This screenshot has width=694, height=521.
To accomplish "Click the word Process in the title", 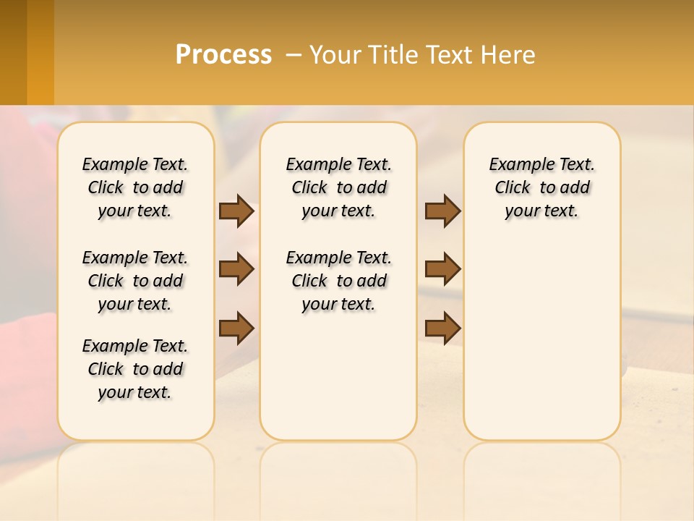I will click(223, 54).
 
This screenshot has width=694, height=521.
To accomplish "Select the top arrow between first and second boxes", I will click(236, 211).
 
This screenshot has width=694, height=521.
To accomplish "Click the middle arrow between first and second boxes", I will click(236, 269).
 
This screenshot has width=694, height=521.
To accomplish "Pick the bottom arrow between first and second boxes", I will click(236, 328).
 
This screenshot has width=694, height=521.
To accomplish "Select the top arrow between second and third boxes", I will click(442, 211).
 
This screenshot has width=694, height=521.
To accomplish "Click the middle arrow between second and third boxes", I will click(442, 269).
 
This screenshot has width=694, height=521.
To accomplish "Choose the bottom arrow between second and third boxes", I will click(442, 328).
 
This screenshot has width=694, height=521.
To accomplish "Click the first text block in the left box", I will click(135, 187).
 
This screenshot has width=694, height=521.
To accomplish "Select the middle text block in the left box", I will click(135, 281).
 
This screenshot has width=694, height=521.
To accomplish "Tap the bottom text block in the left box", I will click(135, 369).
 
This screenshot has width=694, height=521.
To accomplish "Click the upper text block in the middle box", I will click(338, 187).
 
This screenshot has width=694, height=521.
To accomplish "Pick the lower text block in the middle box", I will click(338, 281).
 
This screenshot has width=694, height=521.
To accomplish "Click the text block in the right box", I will click(542, 187).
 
